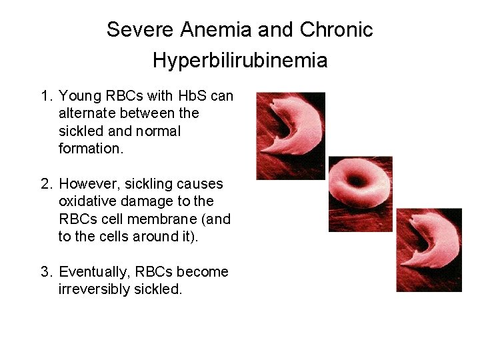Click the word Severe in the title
coord(134,30)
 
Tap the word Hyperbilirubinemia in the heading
coord(240,61)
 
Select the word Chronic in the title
coord(337,30)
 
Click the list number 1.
coord(45,96)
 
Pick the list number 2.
coord(45,183)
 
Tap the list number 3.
coord(45,272)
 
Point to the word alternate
coord(87,113)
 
